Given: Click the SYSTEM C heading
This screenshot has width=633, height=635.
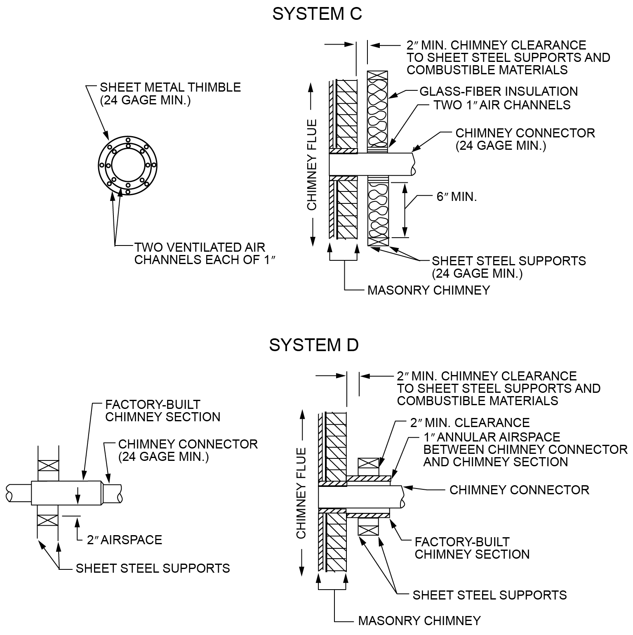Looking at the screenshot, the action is [317, 14].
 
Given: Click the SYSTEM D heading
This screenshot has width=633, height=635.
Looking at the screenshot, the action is [314, 345].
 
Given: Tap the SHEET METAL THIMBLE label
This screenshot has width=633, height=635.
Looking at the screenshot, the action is [170, 94].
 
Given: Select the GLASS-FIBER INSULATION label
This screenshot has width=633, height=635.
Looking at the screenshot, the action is [499, 91].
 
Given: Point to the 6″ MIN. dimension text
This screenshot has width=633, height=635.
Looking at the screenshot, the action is [457, 196].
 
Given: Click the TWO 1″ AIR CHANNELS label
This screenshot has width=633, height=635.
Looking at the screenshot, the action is [502, 105].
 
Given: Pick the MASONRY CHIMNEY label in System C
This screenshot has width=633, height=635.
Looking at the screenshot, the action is [429, 290].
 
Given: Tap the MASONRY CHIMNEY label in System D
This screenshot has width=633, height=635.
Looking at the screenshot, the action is [419, 621].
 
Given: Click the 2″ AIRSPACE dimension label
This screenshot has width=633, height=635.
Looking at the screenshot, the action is [125, 540].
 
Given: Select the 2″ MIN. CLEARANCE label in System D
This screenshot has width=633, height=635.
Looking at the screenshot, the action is [470, 423].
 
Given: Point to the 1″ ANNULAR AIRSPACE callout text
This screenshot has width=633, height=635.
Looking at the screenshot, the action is [525, 449].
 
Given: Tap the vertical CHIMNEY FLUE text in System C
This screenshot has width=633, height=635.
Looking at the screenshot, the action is [312, 165].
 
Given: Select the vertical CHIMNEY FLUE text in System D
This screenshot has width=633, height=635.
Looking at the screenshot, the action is [301, 493].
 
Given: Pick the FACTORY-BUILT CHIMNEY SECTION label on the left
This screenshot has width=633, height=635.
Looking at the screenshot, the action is [163, 411].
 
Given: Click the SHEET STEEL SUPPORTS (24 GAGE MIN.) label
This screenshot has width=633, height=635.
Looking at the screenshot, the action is [509, 267].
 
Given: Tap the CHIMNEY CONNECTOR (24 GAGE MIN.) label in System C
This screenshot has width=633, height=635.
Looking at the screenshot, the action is [525, 139].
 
